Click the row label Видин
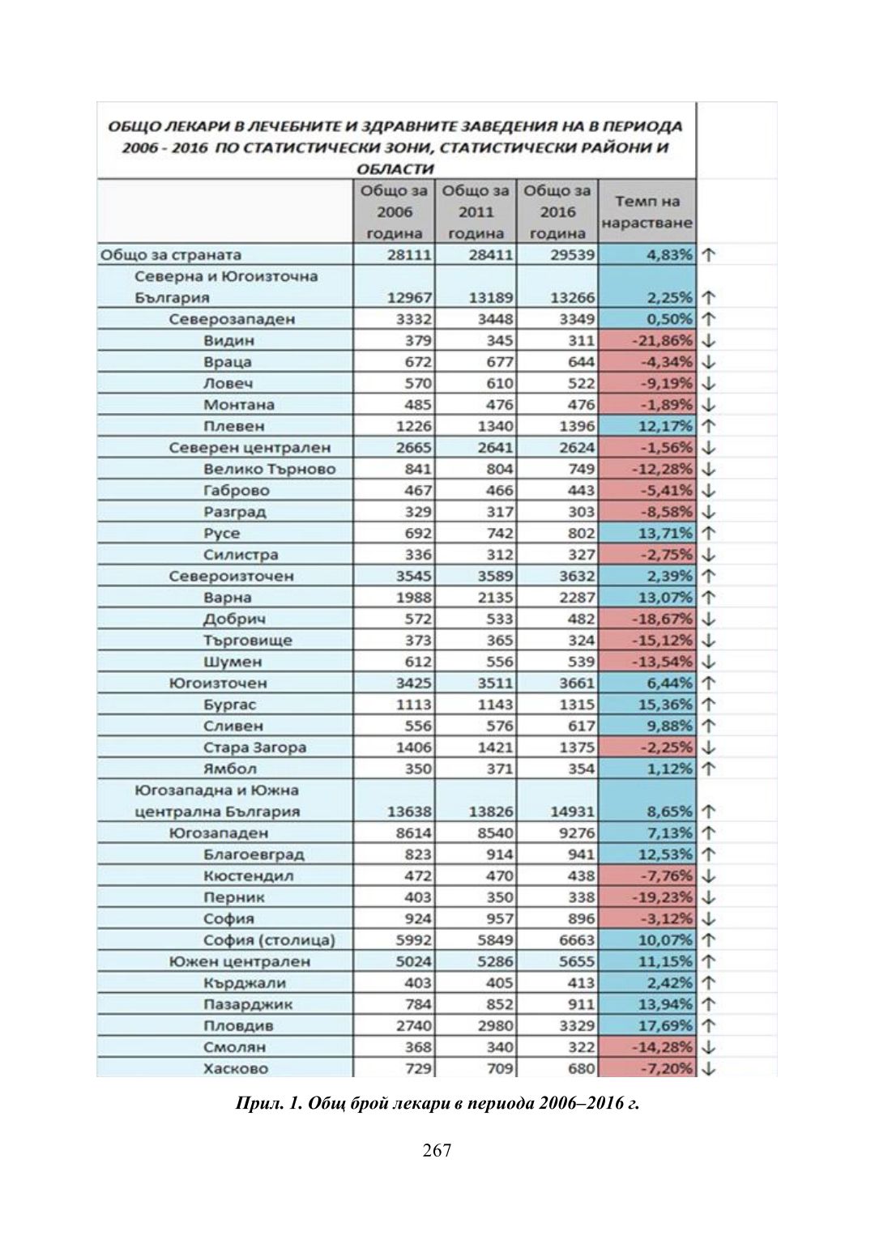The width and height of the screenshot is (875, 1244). (x=228, y=341)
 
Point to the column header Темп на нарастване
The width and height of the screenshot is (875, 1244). (x=647, y=212)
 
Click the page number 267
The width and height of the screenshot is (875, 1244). (x=437, y=1150)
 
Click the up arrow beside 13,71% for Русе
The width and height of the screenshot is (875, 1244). (x=708, y=534)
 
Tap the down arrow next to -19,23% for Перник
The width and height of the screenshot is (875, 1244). (x=708, y=897)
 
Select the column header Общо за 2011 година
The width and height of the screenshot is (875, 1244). (x=476, y=212)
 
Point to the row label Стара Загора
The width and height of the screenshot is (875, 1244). (x=254, y=748)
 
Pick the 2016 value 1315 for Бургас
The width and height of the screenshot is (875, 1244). (x=576, y=705)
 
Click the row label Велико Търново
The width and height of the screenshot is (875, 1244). (x=269, y=469)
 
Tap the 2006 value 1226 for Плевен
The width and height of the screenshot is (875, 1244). (x=413, y=426)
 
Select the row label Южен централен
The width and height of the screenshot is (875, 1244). (x=240, y=961)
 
